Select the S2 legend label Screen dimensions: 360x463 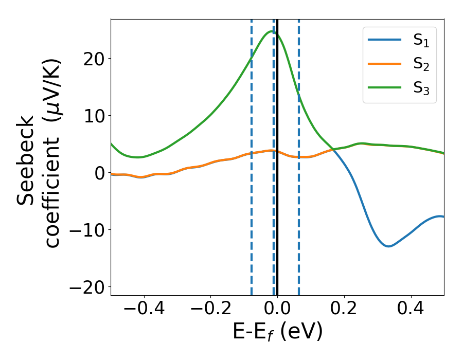[x=421, y=65]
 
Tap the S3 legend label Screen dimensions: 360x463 [x=421, y=88]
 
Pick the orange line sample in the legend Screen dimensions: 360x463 [x=384, y=64]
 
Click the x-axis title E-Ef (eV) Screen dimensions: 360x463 [x=277, y=332]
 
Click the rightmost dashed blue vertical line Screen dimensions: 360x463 [x=299, y=154]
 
